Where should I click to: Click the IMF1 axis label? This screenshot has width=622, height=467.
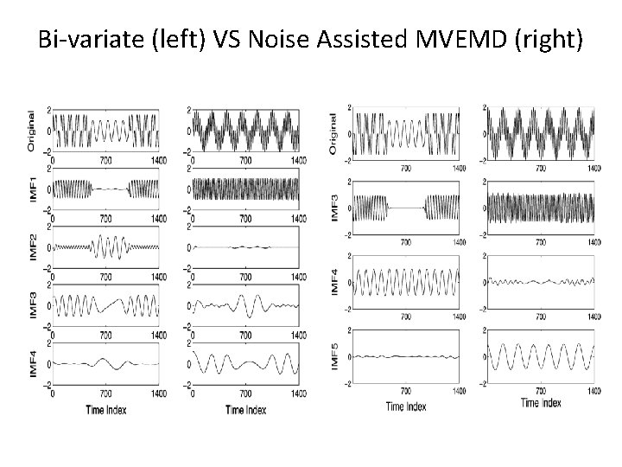coord(33,188)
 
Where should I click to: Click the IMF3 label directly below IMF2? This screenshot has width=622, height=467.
coord(33,305)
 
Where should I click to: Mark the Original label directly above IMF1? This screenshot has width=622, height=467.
coord(33,131)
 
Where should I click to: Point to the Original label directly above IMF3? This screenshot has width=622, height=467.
coord(335,134)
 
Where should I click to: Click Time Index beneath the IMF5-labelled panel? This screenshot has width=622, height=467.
coord(406,406)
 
